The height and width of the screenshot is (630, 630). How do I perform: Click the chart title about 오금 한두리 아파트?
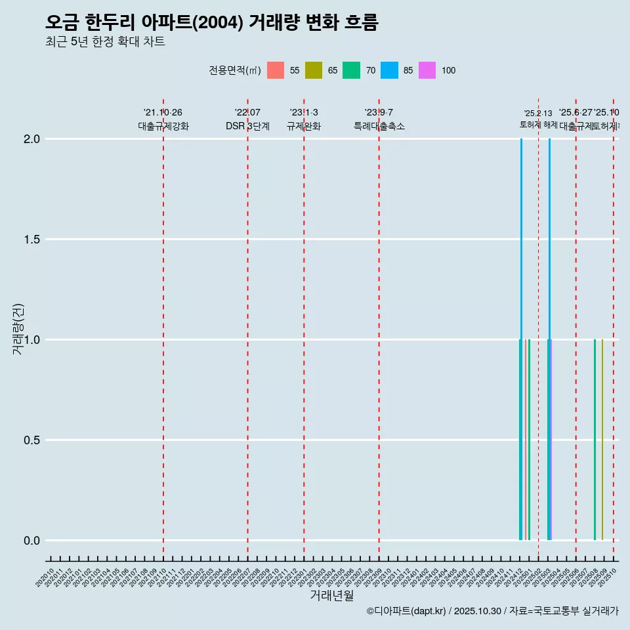(211, 22)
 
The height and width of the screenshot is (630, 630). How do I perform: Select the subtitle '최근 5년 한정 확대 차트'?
(105, 42)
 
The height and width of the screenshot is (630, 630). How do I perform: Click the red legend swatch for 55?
(276, 70)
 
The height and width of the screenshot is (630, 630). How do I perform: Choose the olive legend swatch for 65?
(314, 70)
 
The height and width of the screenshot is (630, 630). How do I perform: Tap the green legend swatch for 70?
(352, 70)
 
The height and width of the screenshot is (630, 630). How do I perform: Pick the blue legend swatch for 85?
(390, 70)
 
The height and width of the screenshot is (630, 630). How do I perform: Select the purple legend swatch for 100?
(427, 70)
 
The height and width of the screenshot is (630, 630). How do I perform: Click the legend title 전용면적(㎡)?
(234, 70)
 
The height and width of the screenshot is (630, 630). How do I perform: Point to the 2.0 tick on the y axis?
(32, 139)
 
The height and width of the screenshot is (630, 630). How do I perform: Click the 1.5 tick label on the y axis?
(32, 240)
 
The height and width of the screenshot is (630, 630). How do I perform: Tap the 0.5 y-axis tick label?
(32, 440)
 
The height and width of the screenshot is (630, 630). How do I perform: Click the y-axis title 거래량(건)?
(18, 329)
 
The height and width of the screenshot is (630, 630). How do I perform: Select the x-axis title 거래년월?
(331, 596)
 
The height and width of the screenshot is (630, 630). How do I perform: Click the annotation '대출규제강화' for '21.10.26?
(163, 126)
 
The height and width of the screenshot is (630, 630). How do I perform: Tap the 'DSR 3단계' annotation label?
(247, 126)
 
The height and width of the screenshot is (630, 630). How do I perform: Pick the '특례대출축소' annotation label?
(379, 126)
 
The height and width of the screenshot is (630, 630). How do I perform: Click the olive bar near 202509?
(602, 440)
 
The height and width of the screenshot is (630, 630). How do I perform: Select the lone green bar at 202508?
(595, 440)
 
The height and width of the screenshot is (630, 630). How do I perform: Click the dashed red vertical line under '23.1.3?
(304, 328)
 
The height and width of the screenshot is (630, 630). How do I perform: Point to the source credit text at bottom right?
(492, 611)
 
